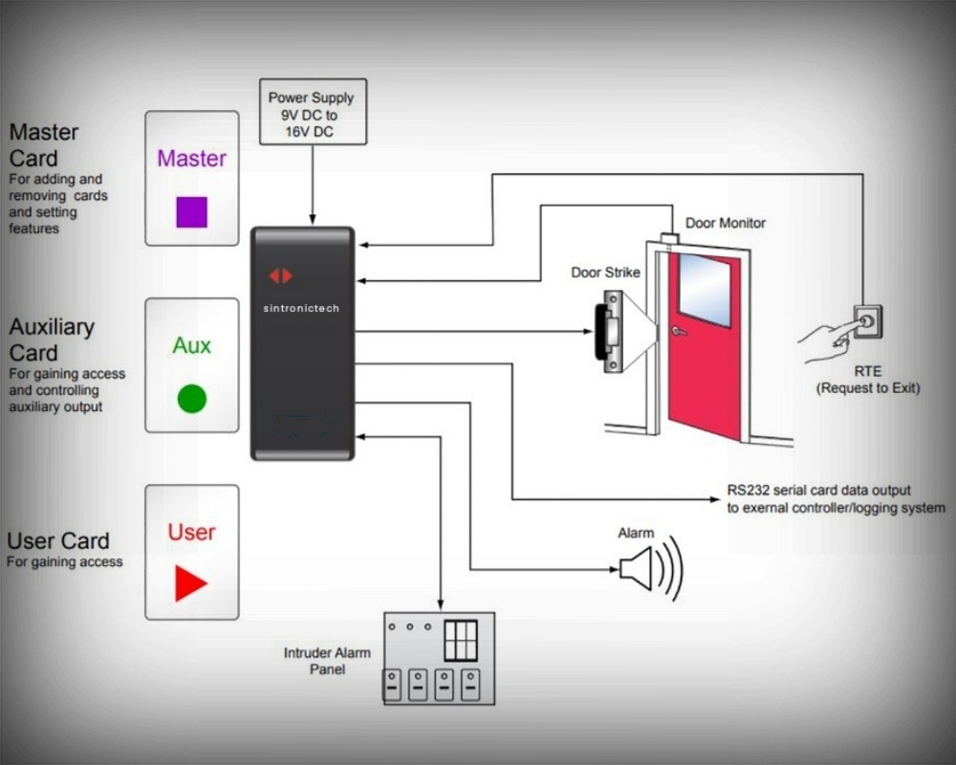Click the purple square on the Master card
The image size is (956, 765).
(x=191, y=211)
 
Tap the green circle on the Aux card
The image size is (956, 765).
(x=192, y=398)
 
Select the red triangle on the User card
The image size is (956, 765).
(x=189, y=583)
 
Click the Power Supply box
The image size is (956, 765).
(x=312, y=112)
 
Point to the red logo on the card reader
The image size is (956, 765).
(x=280, y=276)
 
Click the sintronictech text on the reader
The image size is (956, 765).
(x=301, y=309)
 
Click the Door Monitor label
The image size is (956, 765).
(x=726, y=223)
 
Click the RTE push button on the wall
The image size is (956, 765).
(x=867, y=321)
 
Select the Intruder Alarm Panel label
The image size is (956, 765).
(x=327, y=661)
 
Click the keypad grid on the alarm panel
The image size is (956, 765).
(x=460, y=640)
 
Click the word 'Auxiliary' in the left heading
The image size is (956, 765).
(x=52, y=327)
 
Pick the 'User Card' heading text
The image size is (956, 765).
(x=58, y=541)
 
